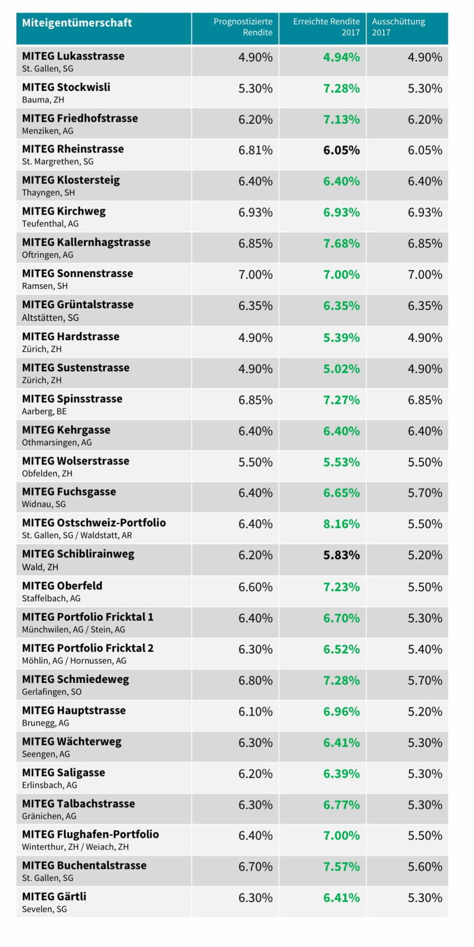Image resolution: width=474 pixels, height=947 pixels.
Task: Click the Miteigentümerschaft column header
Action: [77, 23]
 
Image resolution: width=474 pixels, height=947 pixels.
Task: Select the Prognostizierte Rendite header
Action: [243, 27]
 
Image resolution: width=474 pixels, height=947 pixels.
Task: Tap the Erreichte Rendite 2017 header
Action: [326, 27]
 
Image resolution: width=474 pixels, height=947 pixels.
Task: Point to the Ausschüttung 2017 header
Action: [398, 27]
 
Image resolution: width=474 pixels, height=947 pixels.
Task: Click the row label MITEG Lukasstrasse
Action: [73, 56]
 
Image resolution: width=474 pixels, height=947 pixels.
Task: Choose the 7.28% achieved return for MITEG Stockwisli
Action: [341, 88]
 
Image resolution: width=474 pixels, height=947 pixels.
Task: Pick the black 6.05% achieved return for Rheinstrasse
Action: [341, 150]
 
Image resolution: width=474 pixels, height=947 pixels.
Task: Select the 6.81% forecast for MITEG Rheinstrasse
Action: [256, 150]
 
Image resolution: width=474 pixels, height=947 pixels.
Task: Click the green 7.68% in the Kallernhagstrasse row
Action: [341, 243]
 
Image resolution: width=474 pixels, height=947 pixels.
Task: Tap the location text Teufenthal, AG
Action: [50, 224]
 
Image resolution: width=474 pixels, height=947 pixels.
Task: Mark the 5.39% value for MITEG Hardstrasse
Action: [341, 338]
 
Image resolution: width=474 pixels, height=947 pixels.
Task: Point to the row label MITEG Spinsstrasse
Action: [72, 399]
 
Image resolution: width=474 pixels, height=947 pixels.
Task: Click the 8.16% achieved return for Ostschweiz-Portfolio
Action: [341, 524]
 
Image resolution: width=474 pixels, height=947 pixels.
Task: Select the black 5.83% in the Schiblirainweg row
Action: [341, 555]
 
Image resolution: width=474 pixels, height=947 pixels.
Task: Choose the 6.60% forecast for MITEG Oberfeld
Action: [256, 587]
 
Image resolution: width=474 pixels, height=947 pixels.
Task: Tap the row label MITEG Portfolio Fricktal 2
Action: [87, 648]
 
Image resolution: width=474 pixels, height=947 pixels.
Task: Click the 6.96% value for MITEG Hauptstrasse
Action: [341, 712]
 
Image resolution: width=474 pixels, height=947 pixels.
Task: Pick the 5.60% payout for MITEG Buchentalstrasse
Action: [425, 867]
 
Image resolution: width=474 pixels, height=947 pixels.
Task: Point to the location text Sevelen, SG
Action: [44, 909]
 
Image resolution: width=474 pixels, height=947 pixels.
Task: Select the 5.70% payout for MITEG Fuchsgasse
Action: [425, 493]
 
